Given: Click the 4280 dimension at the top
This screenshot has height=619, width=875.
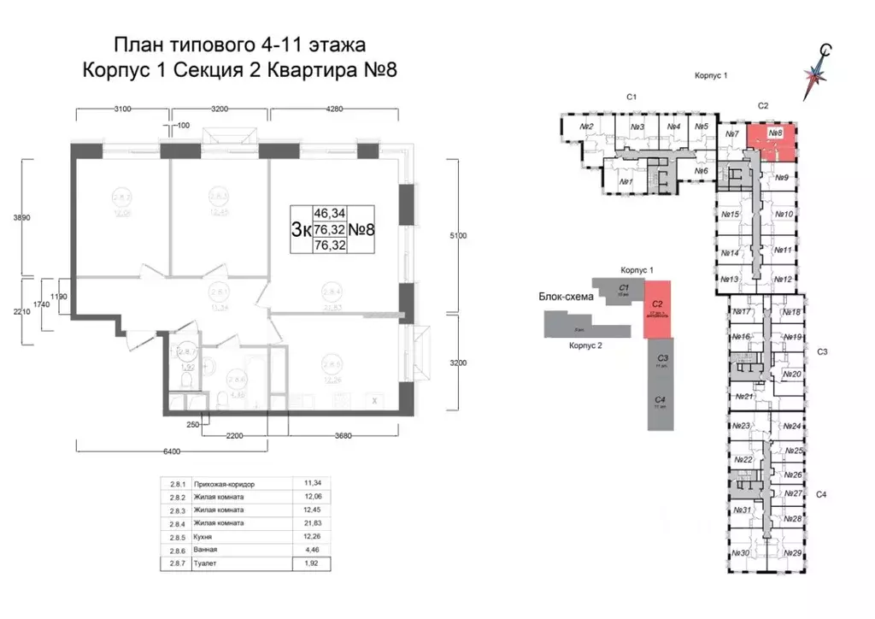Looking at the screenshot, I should pyautogui.click(x=334, y=109).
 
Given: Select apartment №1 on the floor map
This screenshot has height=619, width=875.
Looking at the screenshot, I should pyautogui.click(x=625, y=181).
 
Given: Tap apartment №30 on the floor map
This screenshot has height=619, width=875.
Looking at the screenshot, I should pyautogui.click(x=740, y=553).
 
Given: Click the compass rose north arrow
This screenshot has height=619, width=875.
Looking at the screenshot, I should pyautogui.click(x=822, y=68).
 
